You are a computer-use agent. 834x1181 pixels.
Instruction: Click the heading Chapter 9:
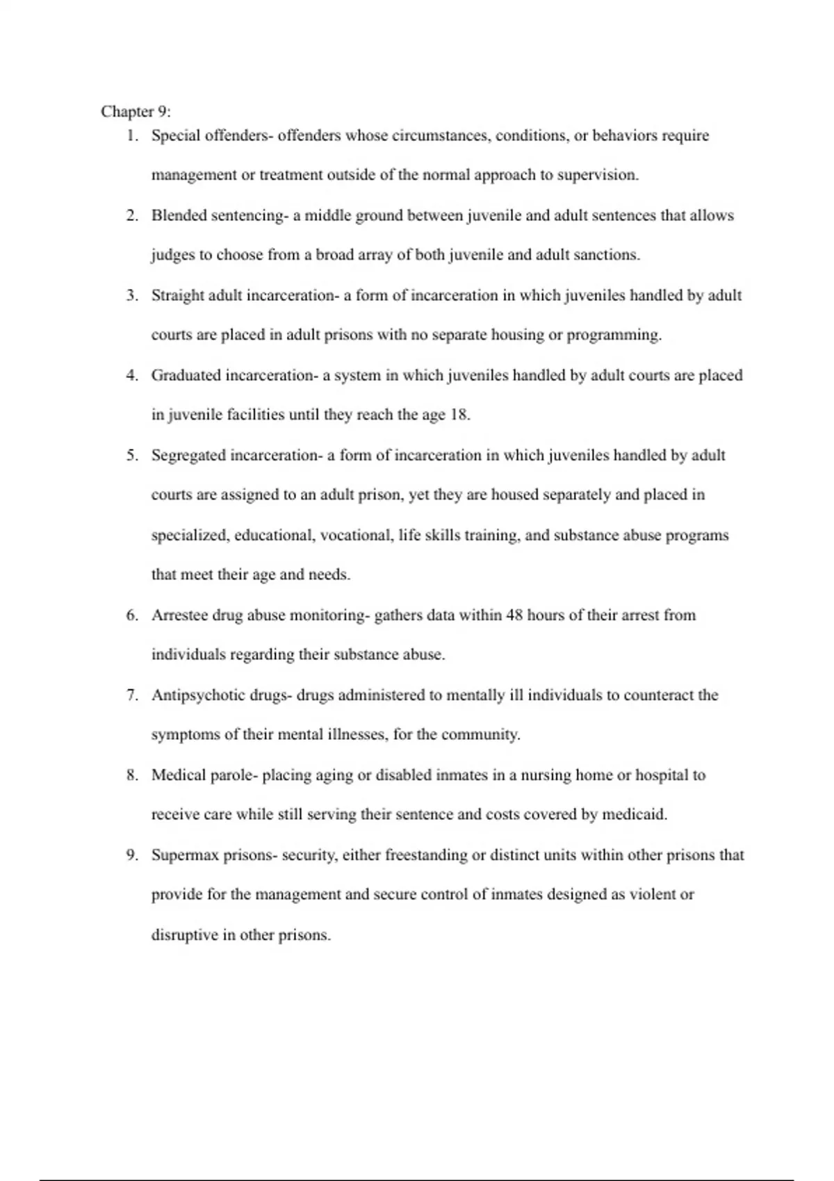tap(136, 112)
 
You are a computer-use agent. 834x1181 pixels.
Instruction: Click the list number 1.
tap(131, 135)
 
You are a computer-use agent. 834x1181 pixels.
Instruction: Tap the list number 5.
tap(131, 456)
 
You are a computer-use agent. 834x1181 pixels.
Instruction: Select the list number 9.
tap(131, 855)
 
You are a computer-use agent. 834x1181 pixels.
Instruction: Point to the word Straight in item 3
tap(178, 295)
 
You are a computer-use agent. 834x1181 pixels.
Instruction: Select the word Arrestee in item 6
tap(179, 616)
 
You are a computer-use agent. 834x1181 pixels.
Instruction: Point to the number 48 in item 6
tap(514, 616)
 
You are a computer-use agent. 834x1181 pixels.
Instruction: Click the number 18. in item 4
tap(459, 415)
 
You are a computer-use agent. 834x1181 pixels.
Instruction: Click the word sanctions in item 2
tap(605, 255)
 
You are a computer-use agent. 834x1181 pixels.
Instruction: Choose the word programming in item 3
tap(614, 336)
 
